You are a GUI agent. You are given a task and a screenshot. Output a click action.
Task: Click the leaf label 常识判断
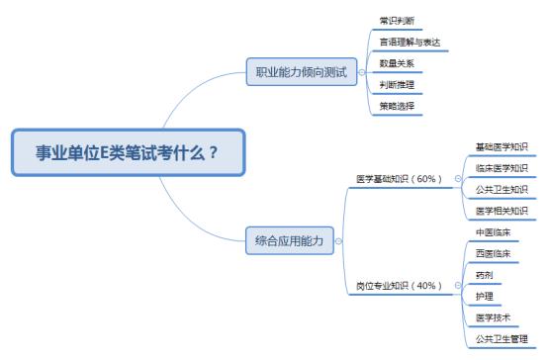coord(398,20)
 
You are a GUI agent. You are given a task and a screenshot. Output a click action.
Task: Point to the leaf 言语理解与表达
coord(409,42)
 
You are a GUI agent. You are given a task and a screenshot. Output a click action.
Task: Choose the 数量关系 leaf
coord(398,63)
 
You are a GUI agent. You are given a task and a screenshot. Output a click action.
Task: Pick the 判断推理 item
coord(398,84)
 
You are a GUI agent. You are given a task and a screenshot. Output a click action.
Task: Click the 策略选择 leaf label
coord(398,106)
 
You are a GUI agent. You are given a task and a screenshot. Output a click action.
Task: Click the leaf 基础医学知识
coord(502,146)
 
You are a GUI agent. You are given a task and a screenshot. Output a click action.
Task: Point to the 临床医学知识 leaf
coord(502,168)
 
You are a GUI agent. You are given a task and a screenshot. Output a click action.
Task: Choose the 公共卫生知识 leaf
coord(502,189)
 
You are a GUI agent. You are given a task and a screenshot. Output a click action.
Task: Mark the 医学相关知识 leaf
coord(502,211)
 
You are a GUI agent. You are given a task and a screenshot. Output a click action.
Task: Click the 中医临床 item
coord(493,232)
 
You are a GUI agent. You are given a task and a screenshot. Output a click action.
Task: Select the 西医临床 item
coord(493,254)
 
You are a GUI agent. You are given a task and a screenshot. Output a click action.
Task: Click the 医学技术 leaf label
coord(493,317)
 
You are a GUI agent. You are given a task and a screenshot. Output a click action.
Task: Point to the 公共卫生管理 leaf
coord(502,339)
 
